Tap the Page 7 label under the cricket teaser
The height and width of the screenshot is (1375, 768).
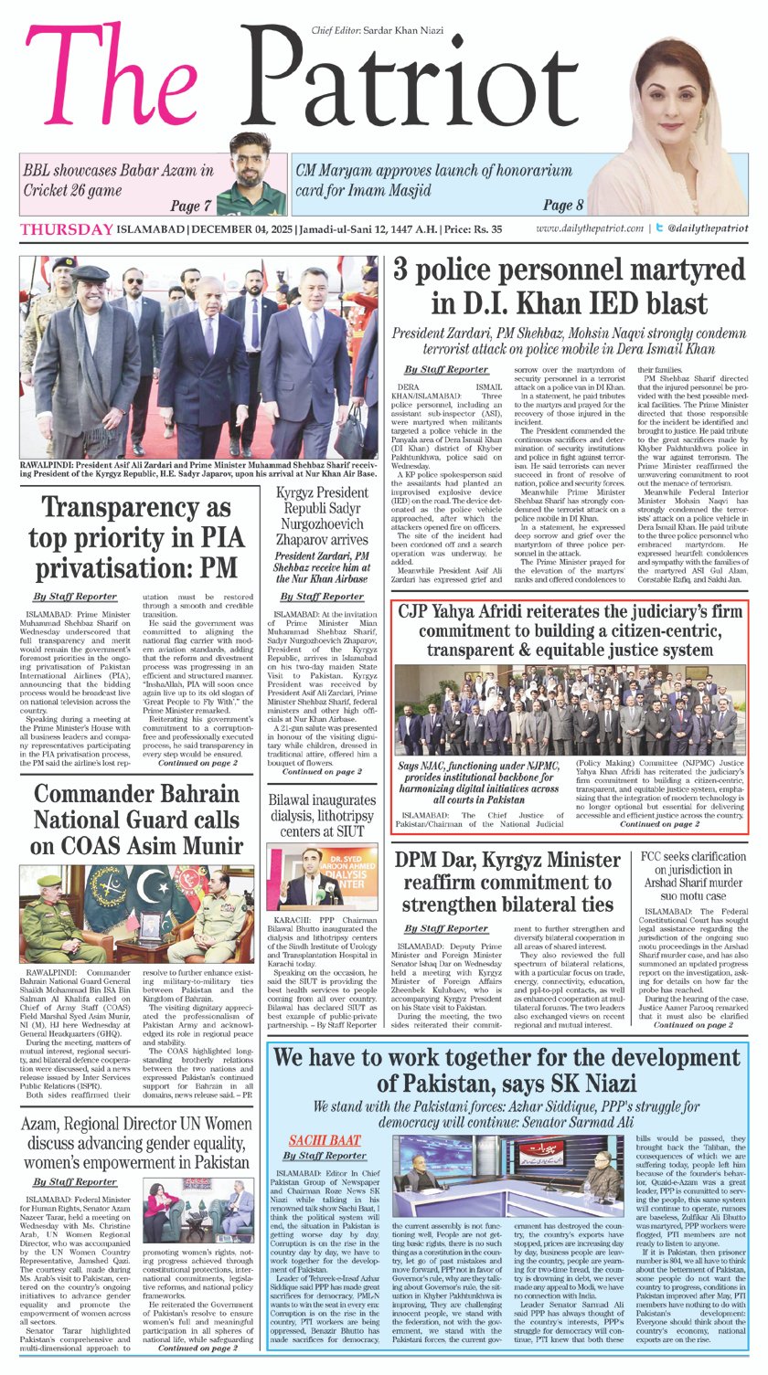pyautogui.click(x=191, y=206)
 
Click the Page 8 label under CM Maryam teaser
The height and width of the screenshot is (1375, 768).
pyautogui.click(x=563, y=205)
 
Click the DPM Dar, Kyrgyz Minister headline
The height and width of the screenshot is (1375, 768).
pyautogui.click(x=505, y=883)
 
